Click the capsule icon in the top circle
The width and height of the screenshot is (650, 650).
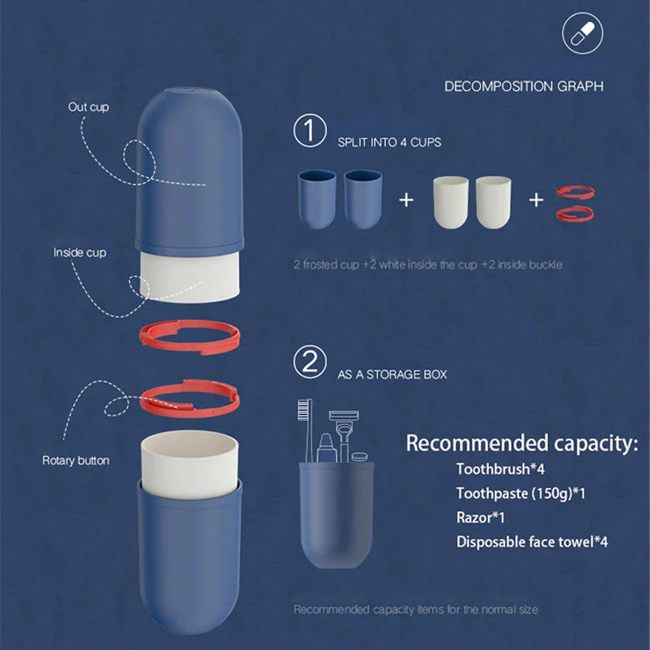pyautogui.click(x=583, y=33)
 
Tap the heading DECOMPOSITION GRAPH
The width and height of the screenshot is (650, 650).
pyautogui.click(x=523, y=86)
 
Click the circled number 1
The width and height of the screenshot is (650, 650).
pyautogui.click(x=310, y=132)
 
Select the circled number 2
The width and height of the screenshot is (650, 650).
pyautogui.click(x=310, y=363)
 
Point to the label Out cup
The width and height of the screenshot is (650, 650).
pyautogui.click(x=89, y=106)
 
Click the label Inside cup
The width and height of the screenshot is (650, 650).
pyautogui.click(x=80, y=253)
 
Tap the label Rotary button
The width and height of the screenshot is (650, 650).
pyautogui.click(x=76, y=461)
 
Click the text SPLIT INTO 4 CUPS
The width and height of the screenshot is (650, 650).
pyautogui.click(x=389, y=142)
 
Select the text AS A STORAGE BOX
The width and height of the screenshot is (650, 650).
pyautogui.click(x=392, y=375)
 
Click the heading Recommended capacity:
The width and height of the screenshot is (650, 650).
pyautogui.click(x=522, y=444)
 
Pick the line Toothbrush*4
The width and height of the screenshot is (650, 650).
pyautogui.click(x=495, y=469)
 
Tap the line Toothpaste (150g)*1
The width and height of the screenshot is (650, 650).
pyautogui.click(x=521, y=493)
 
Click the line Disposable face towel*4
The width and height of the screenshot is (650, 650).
pyautogui.click(x=532, y=541)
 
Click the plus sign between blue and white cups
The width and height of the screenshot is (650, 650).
pyautogui.click(x=407, y=199)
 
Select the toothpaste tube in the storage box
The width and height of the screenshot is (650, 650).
pyautogui.click(x=326, y=447)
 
